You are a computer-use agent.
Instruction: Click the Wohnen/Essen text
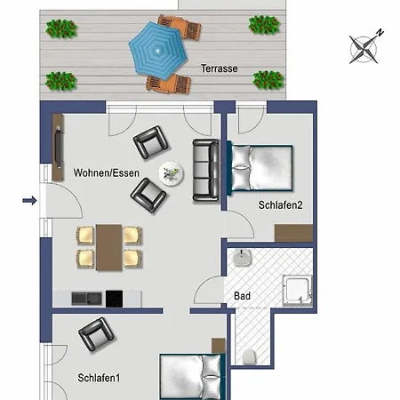click(x=106, y=172)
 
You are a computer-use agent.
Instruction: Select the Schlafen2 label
click(x=280, y=205)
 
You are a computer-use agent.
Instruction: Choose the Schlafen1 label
click(x=99, y=378)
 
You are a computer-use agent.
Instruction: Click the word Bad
click(x=242, y=295)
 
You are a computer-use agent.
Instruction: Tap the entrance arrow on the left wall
click(x=28, y=202)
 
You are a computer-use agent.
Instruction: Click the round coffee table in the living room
click(x=171, y=172)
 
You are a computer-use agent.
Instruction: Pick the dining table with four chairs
click(x=108, y=246)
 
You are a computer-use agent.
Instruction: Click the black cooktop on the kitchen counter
click(x=114, y=298)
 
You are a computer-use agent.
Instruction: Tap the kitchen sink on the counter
click(x=81, y=298)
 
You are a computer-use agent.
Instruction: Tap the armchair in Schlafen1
click(x=96, y=336)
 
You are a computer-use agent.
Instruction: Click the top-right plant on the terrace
click(x=263, y=26)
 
